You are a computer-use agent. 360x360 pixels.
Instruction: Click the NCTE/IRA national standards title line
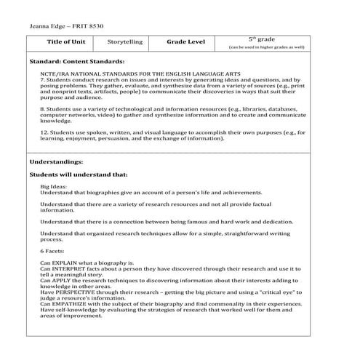tap(128, 75)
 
